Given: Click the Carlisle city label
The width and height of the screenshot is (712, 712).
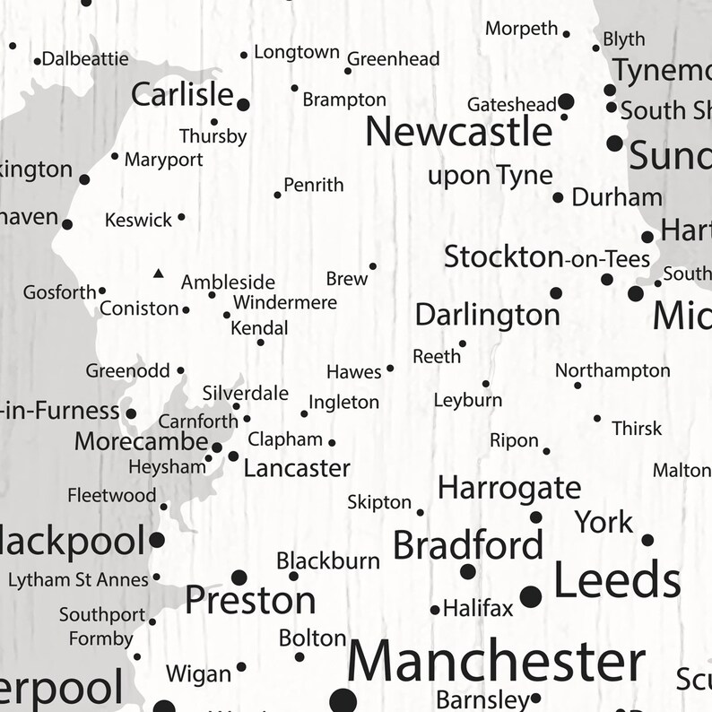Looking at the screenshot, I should (x=182, y=94).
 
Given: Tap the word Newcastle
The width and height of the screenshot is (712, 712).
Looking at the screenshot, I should (x=458, y=133).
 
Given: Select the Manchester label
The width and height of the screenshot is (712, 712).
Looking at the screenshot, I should (x=496, y=662).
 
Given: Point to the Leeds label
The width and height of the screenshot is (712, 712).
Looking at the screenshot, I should (x=618, y=581).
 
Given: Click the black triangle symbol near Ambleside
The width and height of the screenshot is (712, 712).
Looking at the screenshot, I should (x=159, y=273).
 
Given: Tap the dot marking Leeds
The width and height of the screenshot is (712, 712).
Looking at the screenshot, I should (x=531, y=594).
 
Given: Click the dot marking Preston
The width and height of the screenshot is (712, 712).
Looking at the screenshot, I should (x=239, y=577).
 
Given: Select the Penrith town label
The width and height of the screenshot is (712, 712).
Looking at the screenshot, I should (x=314, y=186).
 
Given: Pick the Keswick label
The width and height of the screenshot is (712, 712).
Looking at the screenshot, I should (x=138, y=220).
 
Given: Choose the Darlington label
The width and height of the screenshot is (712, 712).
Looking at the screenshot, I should (x=487, y=315).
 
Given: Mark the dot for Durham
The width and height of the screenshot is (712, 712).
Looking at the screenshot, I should (x=558, y=197).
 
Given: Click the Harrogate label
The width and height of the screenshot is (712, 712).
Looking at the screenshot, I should (x=508, y=489).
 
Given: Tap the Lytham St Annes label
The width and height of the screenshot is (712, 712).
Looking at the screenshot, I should (x=78, y=580).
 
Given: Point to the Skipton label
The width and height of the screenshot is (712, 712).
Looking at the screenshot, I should (x=379, y=503).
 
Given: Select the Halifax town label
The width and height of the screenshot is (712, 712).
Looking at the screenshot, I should (x=478, y=610).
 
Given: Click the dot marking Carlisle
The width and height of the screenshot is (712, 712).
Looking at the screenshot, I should (x=243, y=105).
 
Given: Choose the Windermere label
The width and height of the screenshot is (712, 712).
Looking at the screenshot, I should (x=284, y=302).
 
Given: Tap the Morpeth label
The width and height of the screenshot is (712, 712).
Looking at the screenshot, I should (x=521, y=29).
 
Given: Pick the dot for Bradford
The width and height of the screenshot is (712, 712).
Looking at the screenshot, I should (x=468, y=571).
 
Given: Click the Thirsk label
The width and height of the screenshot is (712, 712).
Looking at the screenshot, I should (x=637, y=429).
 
